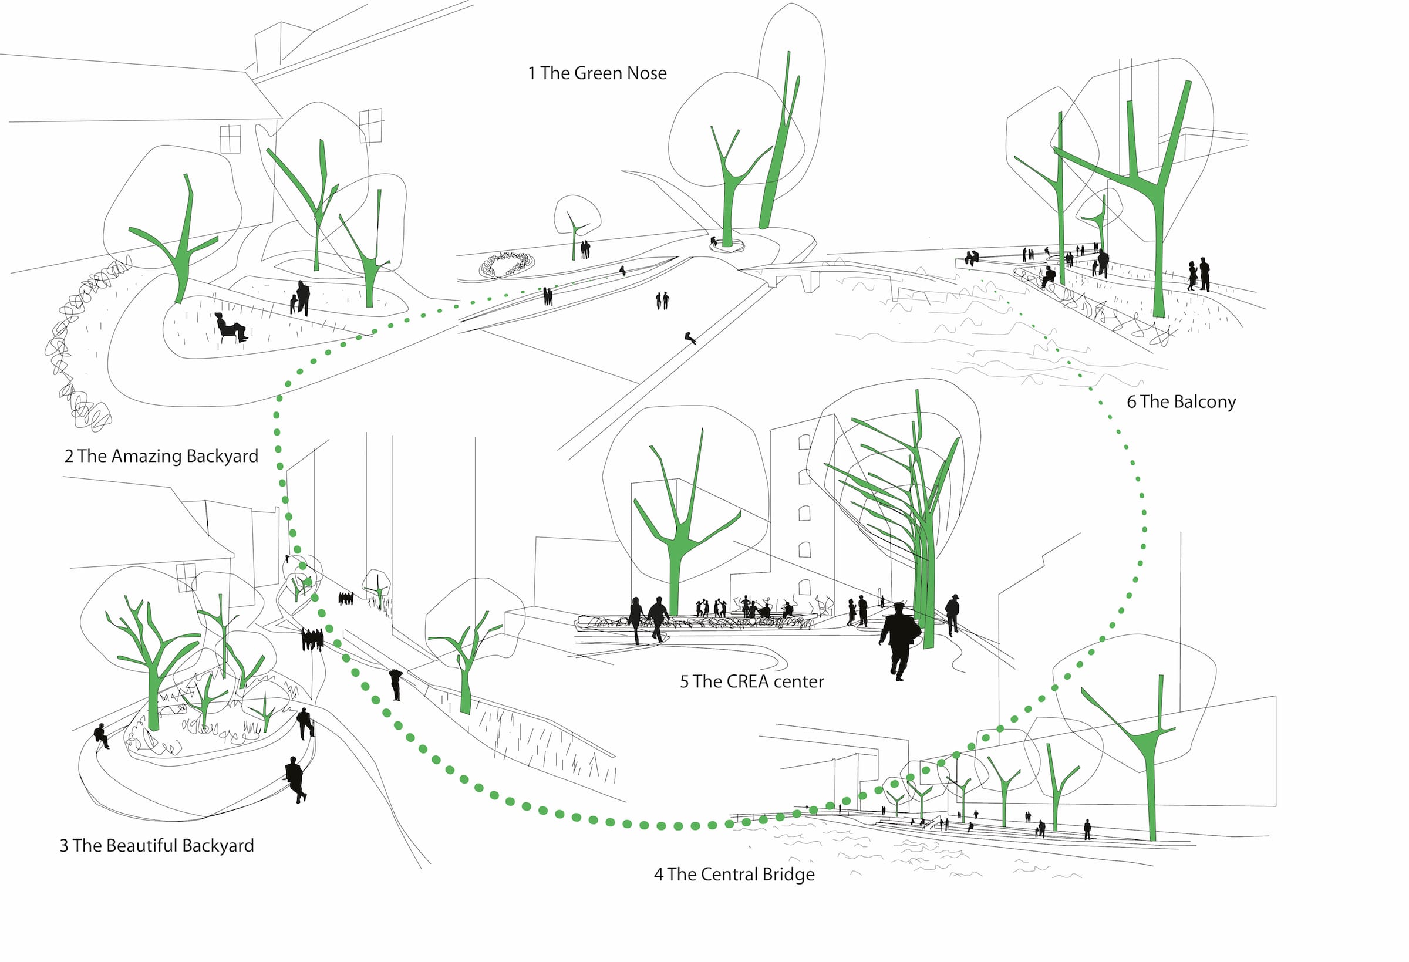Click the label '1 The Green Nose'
pos(597,73)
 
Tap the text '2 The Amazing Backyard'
pos(161,456)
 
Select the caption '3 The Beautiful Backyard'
pos(156,846)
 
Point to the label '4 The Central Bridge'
pos(734,874)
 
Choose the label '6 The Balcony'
pos(1181,402)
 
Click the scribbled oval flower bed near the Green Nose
pos(507,264)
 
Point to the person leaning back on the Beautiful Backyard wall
pos(295,779)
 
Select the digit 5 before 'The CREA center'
pos(684,682)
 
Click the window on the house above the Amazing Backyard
pos(230,139)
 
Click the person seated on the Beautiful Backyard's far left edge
pos(101,735)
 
